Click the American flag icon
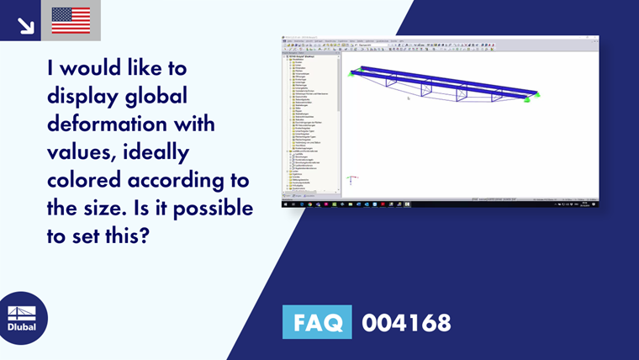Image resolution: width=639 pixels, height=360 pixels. pyautogui.click(x=71, y=20)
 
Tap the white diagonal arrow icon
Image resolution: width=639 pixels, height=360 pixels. pyautogui.click(x=26, y=25)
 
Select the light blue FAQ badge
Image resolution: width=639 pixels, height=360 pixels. pyautogui.click(x=317, y=322)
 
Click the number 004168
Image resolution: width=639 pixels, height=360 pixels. pyautogui.click(x=406, y=322)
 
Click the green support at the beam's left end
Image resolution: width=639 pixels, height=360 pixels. pyautogui.click(x=356, y=71)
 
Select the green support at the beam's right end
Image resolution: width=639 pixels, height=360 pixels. pyautogui.click(x=527, y=99)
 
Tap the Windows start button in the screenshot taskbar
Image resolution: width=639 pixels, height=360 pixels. pyautogui.click(x=284, y=204)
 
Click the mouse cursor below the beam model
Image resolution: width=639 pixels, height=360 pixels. pyautogui.click(x=409, y=98)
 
